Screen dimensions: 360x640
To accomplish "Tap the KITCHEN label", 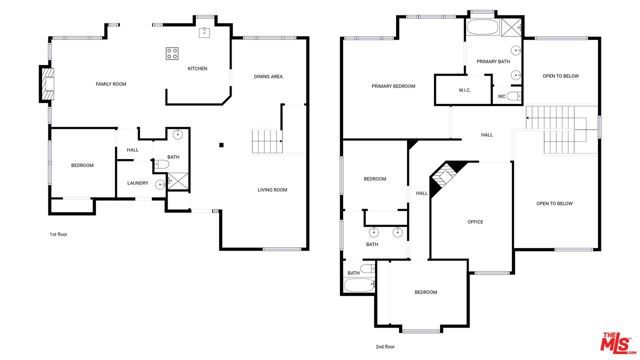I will (197, 69).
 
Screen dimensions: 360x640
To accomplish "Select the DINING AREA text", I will (268, 77).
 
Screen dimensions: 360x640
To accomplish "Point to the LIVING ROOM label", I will (272, 190).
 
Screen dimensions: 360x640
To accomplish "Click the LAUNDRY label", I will (138, 183).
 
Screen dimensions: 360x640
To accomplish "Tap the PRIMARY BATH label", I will (493, 62).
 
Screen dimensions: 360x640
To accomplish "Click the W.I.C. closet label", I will (465, 91).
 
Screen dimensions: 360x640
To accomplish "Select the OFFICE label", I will (475, 222).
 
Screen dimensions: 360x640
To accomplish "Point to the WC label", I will (502, 97).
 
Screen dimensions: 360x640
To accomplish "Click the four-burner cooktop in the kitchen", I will (172, 54).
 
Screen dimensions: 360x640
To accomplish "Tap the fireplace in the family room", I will (44, 84).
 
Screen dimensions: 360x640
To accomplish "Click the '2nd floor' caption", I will (386, 346).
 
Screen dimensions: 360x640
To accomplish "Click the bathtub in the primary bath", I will (483, 26).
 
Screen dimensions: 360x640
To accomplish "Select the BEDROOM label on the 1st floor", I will (81, 165).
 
